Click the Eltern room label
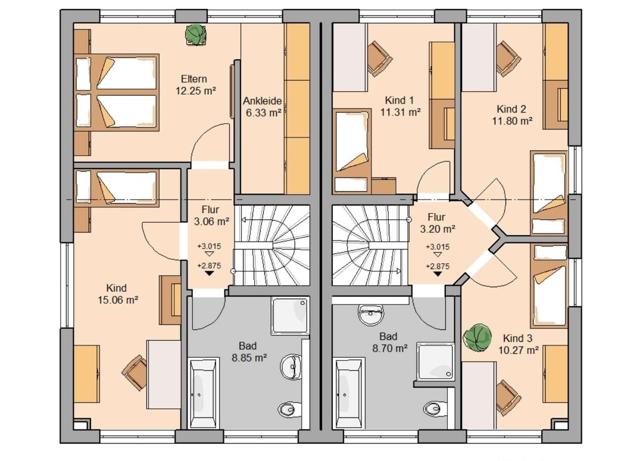(x=194, y=79)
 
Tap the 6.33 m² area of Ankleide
(x=263, y=113)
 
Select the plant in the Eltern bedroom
(x=196, y=35)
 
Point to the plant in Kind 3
(x=477, y=338)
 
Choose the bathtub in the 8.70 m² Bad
(x=348, y=393)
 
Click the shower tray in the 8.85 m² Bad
(x=289, y=316)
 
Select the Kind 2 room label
(x=511, y=109)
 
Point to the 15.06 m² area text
(x=118, y=300)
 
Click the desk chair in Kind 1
(x=379, y=58)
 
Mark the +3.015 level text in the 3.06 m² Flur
(x=209, y=247)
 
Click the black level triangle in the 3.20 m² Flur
(x=438, y=273)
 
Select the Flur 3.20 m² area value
(x=438, y=229)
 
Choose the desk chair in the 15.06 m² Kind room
(x=135, y=372)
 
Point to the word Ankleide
(x=263, y=101)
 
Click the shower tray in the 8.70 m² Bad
(x=435, y=361)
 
